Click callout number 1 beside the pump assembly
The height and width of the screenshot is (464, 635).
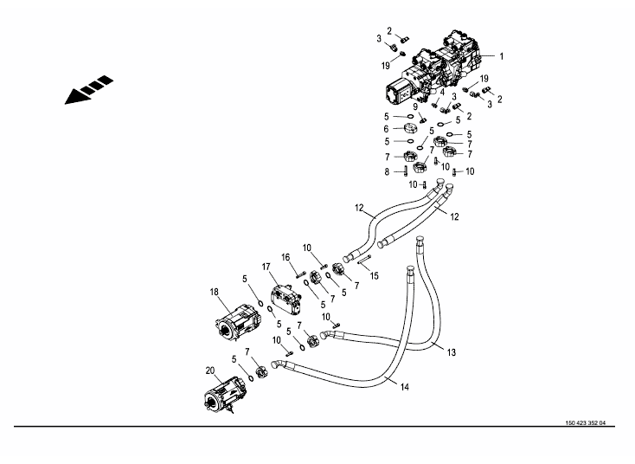(x=500, y=56)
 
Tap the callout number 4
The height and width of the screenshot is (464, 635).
(x=441, y=93)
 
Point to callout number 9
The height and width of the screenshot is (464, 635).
(x=414, y=106)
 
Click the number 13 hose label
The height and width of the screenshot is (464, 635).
(x=451, y=352)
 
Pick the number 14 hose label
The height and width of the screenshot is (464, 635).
(x=404, y=387)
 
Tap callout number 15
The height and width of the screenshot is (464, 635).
(x=374, y=275)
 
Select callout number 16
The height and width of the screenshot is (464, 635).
(x=285, y=256)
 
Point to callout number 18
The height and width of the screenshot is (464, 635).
(x=214, y=293)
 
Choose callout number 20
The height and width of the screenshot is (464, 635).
(x=209, y=371)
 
